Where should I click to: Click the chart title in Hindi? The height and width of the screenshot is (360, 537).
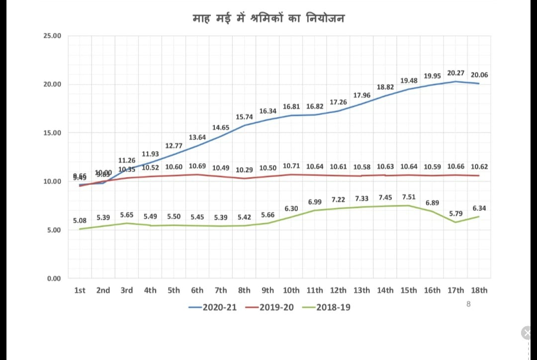coord(268,18)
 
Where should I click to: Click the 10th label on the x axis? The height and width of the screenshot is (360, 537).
coord(291,290)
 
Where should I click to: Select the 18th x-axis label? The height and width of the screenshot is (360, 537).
coord(479,290)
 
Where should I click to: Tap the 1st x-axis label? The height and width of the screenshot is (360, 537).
coord(80,290)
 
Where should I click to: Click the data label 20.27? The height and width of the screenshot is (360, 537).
coord(456,73)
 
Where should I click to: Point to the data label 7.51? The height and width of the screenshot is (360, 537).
coord(409,197)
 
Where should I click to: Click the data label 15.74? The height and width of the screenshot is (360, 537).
coord(244,117)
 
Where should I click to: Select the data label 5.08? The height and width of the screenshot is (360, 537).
coord(80,220)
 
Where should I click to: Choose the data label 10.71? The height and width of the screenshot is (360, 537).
coord(291,166)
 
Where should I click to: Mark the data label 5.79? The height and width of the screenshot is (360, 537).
coord(456,213)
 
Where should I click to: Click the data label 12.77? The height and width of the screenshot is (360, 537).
coord(174,146)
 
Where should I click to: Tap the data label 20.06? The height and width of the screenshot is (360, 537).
coord(479,75)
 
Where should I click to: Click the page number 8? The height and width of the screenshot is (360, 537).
coord(468,303)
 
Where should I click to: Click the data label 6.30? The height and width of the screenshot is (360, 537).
coord(291,209)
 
